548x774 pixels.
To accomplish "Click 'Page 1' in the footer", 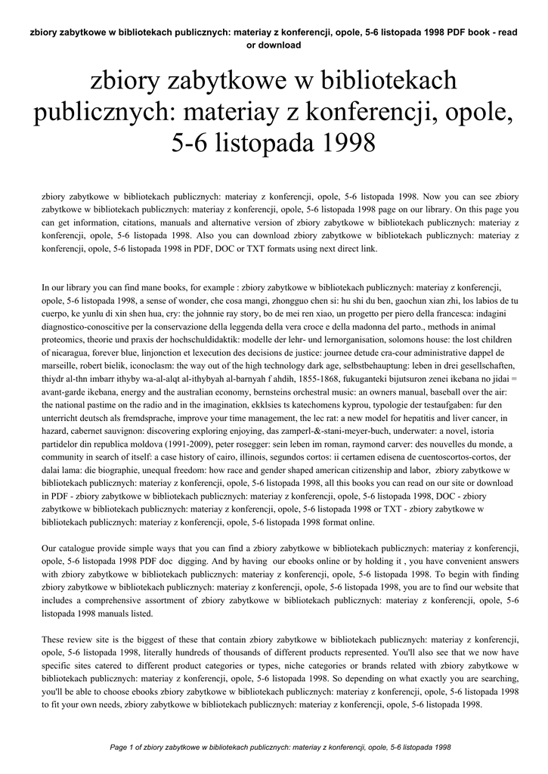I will [x=121, y=748].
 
